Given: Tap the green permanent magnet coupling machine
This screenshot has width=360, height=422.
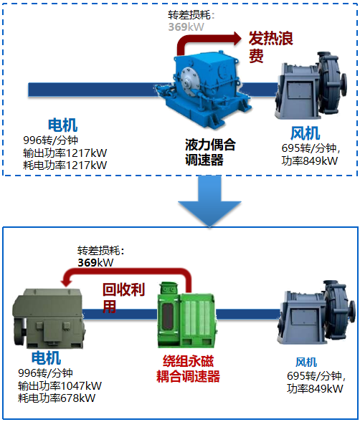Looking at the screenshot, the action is tap(186, 315).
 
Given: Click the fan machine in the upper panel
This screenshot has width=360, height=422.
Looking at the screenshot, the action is tap(311, 85).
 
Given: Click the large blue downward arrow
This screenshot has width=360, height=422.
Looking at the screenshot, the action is tap(209, 201).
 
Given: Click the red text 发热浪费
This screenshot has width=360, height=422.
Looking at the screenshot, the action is tap(270, 47).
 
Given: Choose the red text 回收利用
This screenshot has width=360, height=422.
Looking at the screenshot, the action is tap(123, 298).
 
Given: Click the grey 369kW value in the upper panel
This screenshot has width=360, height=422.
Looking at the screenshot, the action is tap(186, 27).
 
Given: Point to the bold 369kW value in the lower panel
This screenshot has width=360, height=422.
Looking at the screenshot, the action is tap(95, 263).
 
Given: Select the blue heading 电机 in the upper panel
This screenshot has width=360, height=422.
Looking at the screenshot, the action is tap(62, 125).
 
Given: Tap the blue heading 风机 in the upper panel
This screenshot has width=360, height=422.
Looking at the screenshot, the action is tap(305, 133).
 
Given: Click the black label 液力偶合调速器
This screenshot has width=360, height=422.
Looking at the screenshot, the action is tap(210, 153).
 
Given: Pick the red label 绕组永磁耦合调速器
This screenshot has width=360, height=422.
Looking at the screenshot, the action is tap(188, 369).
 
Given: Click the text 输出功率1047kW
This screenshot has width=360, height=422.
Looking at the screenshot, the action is tap(60, 386).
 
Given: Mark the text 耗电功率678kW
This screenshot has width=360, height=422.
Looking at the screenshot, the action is tap(57, 398).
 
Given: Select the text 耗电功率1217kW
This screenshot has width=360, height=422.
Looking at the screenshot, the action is tap(65, 165).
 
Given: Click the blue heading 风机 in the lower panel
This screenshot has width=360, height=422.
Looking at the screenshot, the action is tap(306, 363).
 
